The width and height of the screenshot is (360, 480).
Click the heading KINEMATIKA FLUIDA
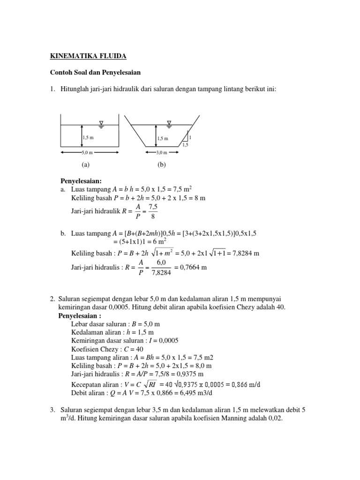88,57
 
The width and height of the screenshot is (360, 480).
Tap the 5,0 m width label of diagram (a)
87,152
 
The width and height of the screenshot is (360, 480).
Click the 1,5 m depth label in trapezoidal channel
163,138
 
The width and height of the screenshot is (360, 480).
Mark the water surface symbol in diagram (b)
169,124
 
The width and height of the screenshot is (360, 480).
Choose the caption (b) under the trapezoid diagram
162,165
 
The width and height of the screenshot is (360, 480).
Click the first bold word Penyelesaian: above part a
82,181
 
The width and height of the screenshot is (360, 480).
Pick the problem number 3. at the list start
52,410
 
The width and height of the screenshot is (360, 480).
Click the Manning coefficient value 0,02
274,418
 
